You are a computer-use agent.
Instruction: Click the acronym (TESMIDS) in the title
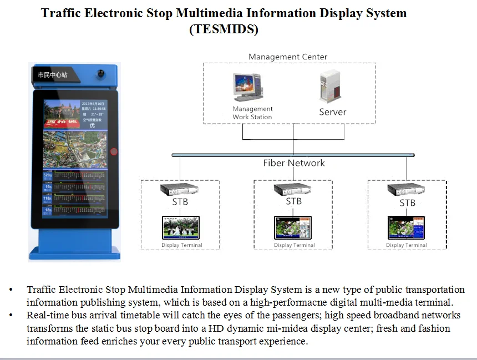point(224,29)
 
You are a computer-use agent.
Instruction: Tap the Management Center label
point(288,57)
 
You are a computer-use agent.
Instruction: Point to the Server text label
point(332,112)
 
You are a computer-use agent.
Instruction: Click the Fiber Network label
point(293,163)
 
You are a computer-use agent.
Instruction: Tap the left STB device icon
point(179,189)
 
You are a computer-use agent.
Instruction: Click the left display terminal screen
point(180,227)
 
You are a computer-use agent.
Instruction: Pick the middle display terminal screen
point(293,227)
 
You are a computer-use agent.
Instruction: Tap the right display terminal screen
point(406,227)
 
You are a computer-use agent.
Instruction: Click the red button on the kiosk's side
point(114,151)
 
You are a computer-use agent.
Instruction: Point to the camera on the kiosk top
point(102,73)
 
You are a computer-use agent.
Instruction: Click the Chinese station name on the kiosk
point(53,74)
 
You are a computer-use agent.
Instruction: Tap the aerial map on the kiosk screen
point(74,150)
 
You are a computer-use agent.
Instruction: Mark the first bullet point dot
point(11,290)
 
